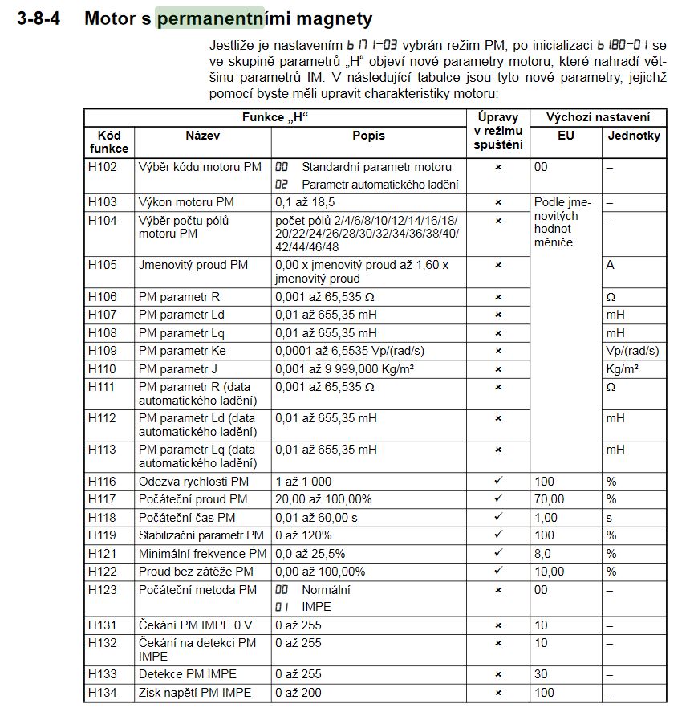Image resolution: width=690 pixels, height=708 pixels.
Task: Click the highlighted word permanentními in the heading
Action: (x=210, y=18)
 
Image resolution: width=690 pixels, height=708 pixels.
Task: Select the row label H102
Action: (x=102, y=167)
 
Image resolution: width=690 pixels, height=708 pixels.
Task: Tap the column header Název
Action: (x=202, y=136)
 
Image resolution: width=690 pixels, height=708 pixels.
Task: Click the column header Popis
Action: (x=368, y=136)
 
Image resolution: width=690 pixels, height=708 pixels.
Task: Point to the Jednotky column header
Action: (x=634, y=136)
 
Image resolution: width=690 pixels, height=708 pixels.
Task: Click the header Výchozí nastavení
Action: (x=598, y=117)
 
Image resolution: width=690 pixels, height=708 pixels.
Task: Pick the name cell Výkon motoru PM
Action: (x=186, y=202)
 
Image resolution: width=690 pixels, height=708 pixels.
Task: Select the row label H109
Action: (x=102, y=351)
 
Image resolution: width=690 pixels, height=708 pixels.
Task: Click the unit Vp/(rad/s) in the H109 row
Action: (x=632, y=351)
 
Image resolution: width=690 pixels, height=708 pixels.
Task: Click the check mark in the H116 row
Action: (x=498, y=481)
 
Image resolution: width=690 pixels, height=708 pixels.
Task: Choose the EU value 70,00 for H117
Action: (x=550, y=499)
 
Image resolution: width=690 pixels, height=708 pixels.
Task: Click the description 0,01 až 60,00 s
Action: (x=317, y=518)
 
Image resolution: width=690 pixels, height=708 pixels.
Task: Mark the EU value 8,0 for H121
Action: (x=543, y=554)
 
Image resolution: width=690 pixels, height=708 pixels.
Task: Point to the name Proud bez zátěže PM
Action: (x=196, y=572)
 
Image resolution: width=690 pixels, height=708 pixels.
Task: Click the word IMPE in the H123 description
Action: (x=316, y=607)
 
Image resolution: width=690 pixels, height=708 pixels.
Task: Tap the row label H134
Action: (x=102, y=693)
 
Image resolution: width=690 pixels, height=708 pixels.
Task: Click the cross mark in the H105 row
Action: (x=498, y=265)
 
